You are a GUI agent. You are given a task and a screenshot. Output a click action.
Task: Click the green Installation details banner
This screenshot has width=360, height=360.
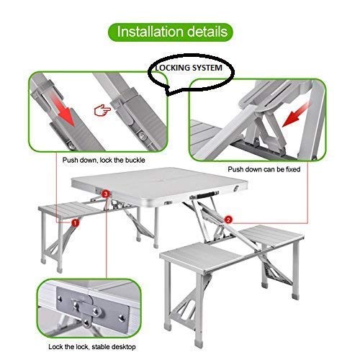point(171,32)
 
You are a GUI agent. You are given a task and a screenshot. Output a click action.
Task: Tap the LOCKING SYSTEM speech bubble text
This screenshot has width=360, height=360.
point(189,68)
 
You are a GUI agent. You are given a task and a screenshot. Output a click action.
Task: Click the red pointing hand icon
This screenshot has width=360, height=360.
point(102,110)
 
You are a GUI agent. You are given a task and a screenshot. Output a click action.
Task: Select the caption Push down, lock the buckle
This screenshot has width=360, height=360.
point(104,160)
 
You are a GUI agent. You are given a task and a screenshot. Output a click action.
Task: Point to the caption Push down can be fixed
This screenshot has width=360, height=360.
point(264,169)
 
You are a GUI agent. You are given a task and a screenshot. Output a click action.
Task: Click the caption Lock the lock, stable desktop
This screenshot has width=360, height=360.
point(92,347)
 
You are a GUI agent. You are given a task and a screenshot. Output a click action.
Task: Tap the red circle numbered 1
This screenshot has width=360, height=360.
point(75,223)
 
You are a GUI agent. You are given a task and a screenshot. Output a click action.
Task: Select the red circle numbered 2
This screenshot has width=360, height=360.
point(228,220)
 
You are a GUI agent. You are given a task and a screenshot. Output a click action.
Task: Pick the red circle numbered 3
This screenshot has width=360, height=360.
point(106,194)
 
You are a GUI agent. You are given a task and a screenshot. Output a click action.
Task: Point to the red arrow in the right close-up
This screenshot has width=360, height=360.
point(296,114)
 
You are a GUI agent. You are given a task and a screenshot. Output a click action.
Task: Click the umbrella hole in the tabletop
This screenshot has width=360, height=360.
point(160,180)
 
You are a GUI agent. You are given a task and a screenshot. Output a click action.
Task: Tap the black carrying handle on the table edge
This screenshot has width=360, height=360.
point(204,194)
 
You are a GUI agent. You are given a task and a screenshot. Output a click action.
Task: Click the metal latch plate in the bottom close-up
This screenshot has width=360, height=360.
point(92,309)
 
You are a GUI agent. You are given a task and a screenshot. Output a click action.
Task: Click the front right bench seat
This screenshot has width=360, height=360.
point(204,258)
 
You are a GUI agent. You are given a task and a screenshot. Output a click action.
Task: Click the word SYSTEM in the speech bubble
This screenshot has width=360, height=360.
point(207,68)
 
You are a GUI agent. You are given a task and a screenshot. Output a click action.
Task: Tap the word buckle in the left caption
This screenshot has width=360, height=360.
point(135,160)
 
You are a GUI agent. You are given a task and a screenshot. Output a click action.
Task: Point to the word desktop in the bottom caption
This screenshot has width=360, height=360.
point(123,347)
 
